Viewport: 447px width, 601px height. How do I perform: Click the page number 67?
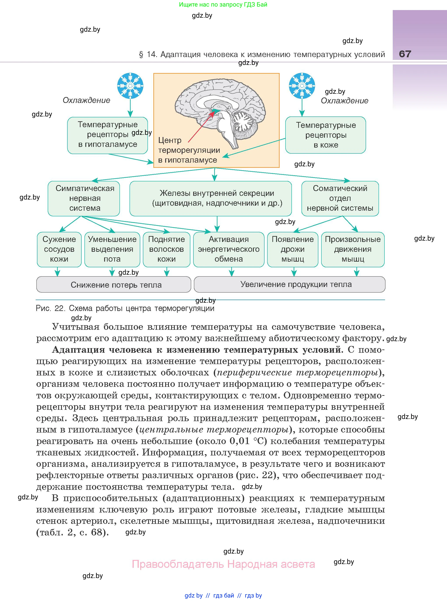405,54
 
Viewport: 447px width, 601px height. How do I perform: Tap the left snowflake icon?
130,86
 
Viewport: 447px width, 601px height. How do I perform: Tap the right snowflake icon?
302,86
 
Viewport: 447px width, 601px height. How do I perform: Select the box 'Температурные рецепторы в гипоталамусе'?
107,135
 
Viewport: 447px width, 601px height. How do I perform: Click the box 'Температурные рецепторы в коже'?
326,135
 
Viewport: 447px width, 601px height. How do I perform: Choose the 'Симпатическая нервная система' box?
84,198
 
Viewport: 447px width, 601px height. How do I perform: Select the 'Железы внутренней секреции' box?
210,198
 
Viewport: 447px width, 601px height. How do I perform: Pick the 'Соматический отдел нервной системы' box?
340,198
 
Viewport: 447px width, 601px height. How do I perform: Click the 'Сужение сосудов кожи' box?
59,249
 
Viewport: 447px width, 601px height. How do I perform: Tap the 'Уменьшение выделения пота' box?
112,249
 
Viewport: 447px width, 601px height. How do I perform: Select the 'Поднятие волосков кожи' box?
167,249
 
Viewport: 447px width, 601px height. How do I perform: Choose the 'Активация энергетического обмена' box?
229,249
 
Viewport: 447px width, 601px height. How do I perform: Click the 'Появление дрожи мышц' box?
293,249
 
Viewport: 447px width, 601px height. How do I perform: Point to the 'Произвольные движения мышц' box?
352,249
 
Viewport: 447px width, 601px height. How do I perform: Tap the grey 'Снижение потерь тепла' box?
114,285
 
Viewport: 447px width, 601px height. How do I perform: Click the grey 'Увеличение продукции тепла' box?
289,284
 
